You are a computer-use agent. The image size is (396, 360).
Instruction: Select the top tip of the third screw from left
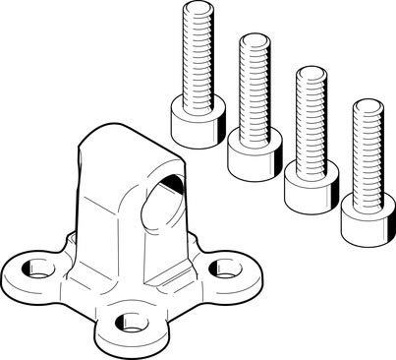tap(311, 71)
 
